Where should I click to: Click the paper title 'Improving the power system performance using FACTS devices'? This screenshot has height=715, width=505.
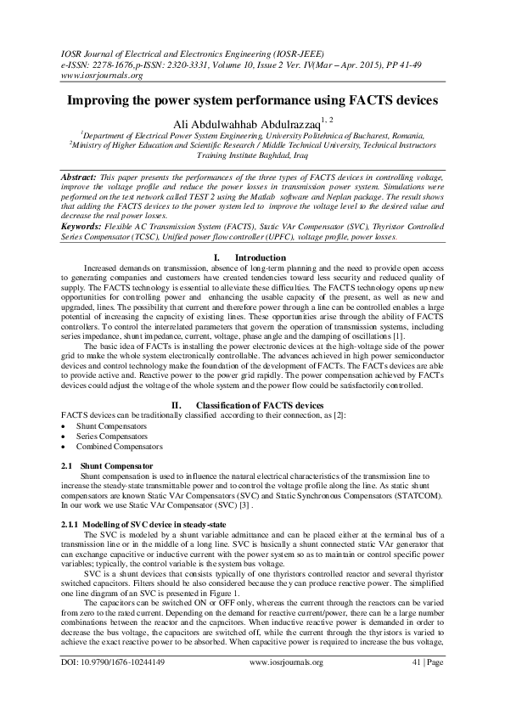coord(252,99)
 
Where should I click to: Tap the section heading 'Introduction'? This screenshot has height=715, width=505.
coord(260,257)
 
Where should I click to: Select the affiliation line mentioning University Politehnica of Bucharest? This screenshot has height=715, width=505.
coord(252,134)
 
